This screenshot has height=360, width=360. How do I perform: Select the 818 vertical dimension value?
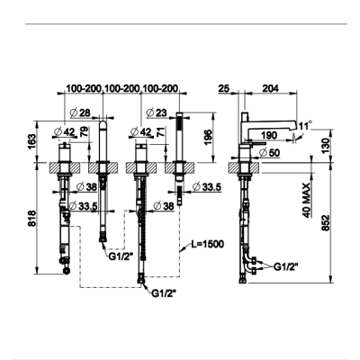[32, 219]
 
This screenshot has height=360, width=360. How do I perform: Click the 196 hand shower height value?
[209, 138]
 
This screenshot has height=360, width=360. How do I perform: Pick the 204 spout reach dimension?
[271, 88]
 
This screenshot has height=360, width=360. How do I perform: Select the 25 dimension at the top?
[224, 88]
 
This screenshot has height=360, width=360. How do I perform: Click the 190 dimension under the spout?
[269, 135]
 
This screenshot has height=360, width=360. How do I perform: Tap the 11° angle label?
[305, 126]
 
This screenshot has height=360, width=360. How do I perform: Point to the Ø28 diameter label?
[80, 112]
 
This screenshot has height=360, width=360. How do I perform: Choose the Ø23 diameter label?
[157, 112]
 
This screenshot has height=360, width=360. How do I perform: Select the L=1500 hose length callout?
[208, 244]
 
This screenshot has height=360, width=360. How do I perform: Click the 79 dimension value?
[85, 131]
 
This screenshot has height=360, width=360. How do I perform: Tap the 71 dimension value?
[161, 131]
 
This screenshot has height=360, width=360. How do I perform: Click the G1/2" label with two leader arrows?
[286, 266]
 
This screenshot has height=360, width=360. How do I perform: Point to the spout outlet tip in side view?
[293, 130]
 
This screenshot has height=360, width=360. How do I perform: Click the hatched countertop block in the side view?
[245, 167]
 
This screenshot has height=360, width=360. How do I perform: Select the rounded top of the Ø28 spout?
[103, 123]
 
